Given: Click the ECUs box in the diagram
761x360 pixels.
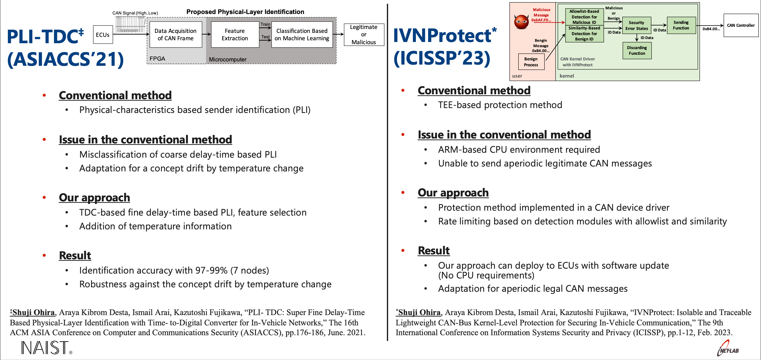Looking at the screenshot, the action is pyautogui.click(x=103, y=35).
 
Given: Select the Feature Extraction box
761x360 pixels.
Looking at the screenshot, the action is pyautogui.click(x=235, y=35).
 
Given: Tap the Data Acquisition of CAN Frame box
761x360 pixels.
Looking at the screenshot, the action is pyautogui.click(x=176, y=35).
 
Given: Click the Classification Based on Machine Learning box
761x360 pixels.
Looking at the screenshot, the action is pyautogui.click(x=302, y=35).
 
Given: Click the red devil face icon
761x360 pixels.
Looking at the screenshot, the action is pyautogui.click(x=521, y=22).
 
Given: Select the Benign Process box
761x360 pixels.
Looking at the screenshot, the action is pyautogui.click(x=531, y=62).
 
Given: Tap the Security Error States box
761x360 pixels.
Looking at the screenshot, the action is pyautogui.click(x=637, y=26).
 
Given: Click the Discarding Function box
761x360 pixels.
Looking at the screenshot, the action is pyautogui.click(x=637, y=51).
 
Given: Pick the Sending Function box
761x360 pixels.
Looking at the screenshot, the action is pyautogui.click(x=681, y=25).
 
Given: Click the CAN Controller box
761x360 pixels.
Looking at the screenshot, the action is pyautogui.click(x=741, y=26).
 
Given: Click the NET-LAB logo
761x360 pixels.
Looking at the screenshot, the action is pyautogui.click(x=728, y=348).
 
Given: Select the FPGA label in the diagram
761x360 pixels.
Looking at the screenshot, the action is pyautogui.click(x=157, y=58).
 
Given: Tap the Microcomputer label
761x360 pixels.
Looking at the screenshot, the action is pyautogui.click(x=228, y=59).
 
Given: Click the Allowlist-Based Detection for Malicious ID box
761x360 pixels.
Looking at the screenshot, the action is pyautogui.click(x=584, y=17).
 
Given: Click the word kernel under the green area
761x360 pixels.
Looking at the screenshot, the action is pyautogui.click(x=567, y=76).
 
